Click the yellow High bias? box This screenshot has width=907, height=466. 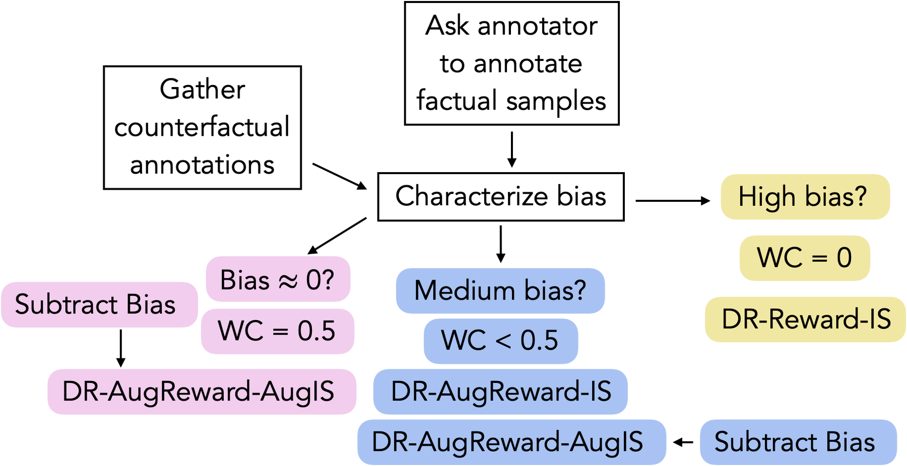click(805, 197)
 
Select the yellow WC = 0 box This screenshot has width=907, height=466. click(805, 258)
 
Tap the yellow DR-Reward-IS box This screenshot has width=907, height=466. click(806, 320)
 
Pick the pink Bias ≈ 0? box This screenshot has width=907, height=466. click(277, 280)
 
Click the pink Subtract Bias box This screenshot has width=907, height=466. click(96, 304)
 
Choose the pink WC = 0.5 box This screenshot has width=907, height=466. click(277, 331)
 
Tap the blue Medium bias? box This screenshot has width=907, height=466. click(500, 291)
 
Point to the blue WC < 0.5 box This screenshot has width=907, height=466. click(500, 340)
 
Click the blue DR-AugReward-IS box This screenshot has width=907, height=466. click(501, 392)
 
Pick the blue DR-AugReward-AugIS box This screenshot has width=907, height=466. click(508, 442)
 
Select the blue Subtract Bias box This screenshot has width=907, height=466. click(795, 442)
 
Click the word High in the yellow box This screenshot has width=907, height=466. click(768, 197)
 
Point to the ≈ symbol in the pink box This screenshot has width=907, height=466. click(288, 281)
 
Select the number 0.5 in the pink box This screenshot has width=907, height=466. click(316, 331)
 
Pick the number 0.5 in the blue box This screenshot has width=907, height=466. click(539, 340)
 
